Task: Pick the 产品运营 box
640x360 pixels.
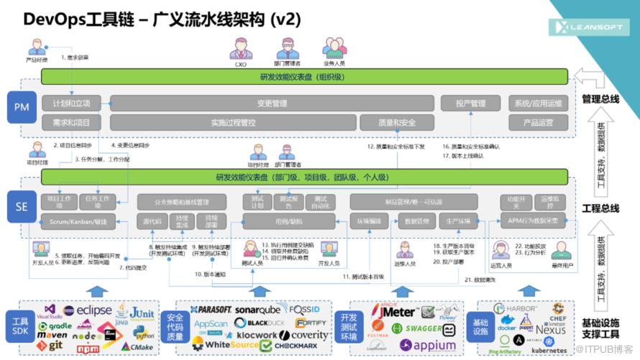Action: pyautogui.click(x=537, y=122)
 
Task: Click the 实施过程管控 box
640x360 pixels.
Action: pyautogui.click(x=233, y=122)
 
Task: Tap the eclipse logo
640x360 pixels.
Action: pyautogui.click(x=87, y=310)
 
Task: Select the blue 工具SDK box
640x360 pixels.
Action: pyautogui.click(x=19, y=324)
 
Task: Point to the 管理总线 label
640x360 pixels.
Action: pyautogui.click(x=600, y=98)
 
